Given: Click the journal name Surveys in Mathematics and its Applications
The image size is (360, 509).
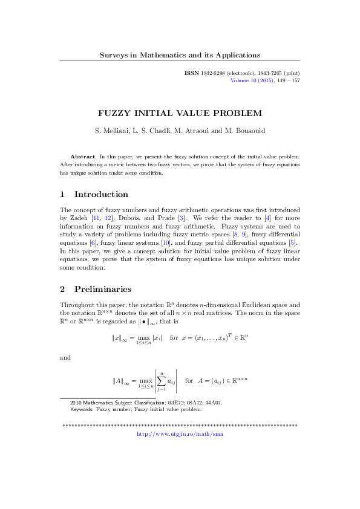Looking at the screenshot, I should click(180, 55).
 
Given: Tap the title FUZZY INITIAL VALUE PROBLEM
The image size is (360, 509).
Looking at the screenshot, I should click(180, 112).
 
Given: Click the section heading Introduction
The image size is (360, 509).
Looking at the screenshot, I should click(101, 195).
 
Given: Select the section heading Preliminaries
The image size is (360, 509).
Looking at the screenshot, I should click(103, 290).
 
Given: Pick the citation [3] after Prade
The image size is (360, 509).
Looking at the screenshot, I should click(182, 218).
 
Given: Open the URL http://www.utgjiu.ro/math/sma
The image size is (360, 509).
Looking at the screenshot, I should click(180, 434).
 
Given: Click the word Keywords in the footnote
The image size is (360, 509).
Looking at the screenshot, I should click(85, 409).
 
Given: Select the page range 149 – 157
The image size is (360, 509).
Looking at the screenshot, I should click(288, 80).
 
